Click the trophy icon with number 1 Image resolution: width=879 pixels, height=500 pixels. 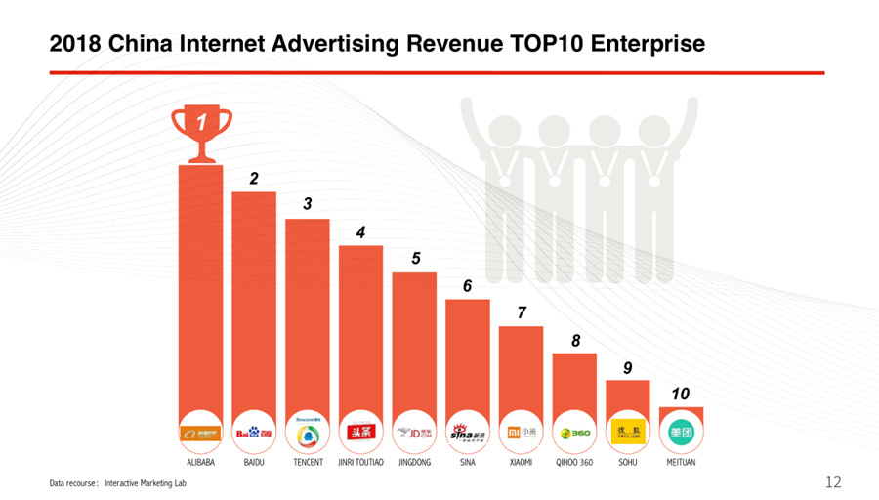[x=201, y=132]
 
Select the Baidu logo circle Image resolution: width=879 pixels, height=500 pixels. [x=254, y=432]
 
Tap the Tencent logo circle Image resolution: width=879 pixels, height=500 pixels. [x=308, y=432]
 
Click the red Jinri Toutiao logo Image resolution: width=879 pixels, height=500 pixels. [x=360, y=432]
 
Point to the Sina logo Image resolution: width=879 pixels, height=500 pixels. [x=467, y=432]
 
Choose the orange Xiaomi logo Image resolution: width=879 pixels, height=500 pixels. [x=521, y=432]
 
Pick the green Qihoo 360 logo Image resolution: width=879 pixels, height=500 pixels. [x=574, y=432]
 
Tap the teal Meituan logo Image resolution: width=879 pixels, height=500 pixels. [x=681, y=432]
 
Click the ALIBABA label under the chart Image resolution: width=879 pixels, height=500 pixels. [x=200, y=462]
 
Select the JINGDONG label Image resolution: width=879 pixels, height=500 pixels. [x=414, y=462]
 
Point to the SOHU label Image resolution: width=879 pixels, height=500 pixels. [x=628, y=462]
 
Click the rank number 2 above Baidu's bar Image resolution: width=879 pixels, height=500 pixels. [x=254, y=179]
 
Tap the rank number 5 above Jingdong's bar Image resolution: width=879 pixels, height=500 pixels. [x=415, y=259]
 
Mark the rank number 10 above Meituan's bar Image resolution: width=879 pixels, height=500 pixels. [x=681, y=393]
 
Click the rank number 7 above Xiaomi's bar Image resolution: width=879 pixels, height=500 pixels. [x=522, y=312]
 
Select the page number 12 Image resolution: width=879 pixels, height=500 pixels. [x=833, y=481]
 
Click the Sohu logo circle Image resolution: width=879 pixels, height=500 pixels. [x=627, y=432]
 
